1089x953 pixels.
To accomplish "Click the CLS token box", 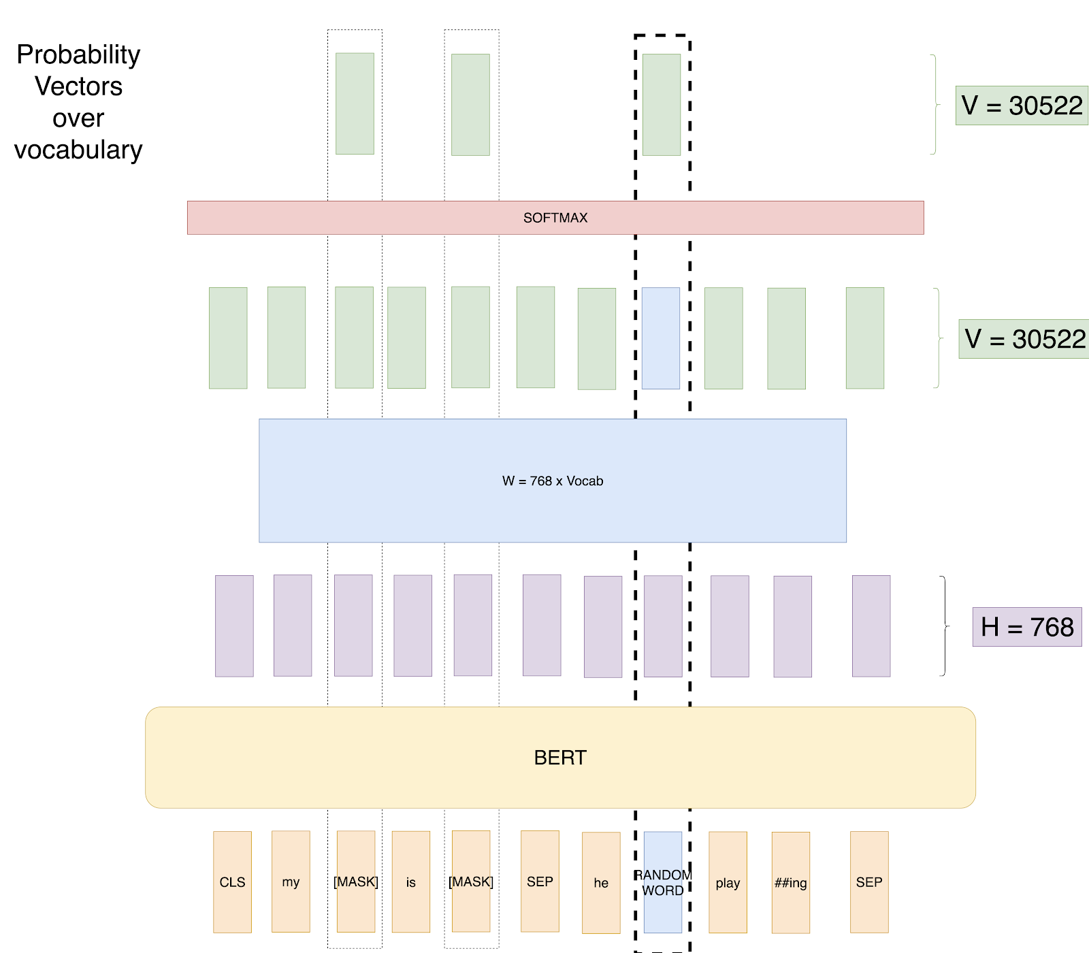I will (232, 882).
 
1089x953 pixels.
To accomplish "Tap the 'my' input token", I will (291, 882).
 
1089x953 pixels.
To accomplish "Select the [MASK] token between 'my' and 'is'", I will (356, 882).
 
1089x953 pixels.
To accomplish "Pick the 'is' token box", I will (410, 882).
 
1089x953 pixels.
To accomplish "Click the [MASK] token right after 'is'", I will (471, 882).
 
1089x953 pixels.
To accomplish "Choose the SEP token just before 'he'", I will (540, 882).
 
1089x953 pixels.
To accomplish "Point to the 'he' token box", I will (601, 883).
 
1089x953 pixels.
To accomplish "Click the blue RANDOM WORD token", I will (663, 882).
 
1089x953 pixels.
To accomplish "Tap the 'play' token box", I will (728, 883).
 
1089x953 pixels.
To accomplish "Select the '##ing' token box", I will (791, 883).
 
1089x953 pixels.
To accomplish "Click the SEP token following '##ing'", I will (869, 882).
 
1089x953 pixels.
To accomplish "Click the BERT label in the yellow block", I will (560, 758).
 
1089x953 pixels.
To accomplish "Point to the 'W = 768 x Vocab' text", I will (553, 481).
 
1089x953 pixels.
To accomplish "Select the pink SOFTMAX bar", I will (555, 218).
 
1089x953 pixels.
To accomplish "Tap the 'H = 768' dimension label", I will (1027, 627).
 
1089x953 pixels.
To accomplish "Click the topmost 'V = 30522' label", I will (1022, 106).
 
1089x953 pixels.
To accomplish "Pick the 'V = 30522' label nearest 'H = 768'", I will (1024, 339).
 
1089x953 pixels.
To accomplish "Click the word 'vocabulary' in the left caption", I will (78, 150).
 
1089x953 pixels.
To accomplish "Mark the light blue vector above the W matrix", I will (661, 338).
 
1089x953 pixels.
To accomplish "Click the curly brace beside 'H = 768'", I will (944, 626).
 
